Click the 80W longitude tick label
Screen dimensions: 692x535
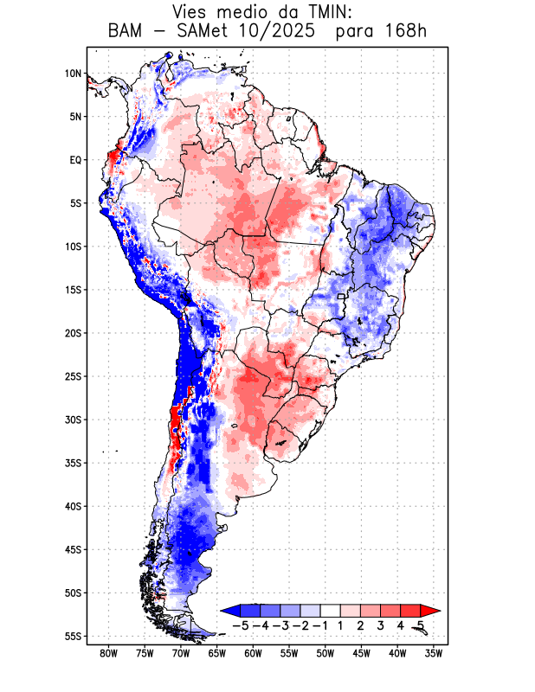click(109, 654)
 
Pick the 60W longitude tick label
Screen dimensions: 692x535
click(254, 654)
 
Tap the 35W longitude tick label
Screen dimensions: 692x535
click(434, 654)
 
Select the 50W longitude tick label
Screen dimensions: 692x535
click(326, 654)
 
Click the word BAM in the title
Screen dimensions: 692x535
click(124, 33)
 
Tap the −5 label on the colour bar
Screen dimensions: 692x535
click(242, 625)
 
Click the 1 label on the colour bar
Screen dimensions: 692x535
click(342, 625)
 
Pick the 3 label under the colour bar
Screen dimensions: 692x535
click(382, 625)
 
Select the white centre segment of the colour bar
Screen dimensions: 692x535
click(332, 611)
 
